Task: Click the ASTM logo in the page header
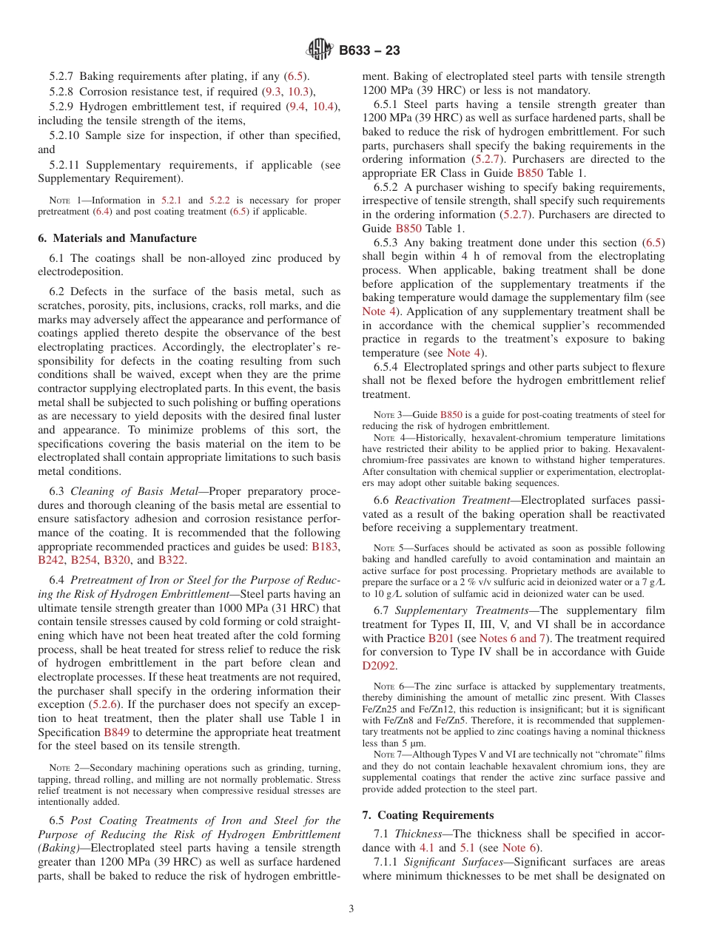pos(320,50)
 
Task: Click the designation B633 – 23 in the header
pos(369,50)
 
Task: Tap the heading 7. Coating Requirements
pos(428,815)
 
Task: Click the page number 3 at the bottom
pos(351,908)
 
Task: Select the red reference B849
pos(117,732)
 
